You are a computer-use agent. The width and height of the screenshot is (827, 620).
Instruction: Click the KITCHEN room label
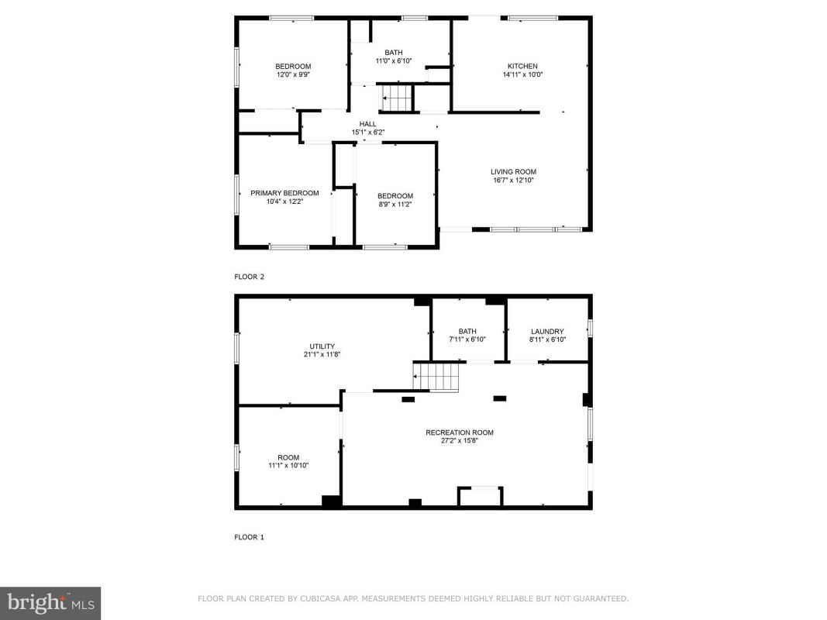click(522, 67)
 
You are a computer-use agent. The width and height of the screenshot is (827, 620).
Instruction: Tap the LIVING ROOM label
click(513, 172)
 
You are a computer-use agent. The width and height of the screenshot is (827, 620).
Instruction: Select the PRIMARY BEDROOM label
click(284, 193)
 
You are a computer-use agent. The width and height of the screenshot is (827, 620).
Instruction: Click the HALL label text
click(367, 125)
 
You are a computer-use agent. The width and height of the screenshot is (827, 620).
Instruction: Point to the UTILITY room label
click(322, 346)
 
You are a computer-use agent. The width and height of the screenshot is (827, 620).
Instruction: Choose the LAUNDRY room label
click(547, 332)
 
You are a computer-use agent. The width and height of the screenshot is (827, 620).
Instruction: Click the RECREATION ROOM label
click(460, 433)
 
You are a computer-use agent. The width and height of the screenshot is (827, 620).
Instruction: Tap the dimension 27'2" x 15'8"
click(460, 441)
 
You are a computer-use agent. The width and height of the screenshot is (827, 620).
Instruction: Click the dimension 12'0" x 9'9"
click(293, 75)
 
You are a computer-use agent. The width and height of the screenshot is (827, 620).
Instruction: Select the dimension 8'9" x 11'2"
click(395, 205)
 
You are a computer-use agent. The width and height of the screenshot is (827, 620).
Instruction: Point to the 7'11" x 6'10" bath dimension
click(467, 339)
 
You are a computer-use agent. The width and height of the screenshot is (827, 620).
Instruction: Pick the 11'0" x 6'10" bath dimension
click(394, 61)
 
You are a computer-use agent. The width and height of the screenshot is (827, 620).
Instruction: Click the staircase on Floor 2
click(396, 98)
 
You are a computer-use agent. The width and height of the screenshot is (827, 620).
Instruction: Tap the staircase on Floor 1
click(436, 377)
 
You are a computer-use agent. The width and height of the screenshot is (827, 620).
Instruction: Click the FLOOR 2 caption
click(249, 277)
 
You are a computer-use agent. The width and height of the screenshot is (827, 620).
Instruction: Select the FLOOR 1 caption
click(249, 537)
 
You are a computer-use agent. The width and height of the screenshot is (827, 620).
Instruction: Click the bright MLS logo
click(50, 603)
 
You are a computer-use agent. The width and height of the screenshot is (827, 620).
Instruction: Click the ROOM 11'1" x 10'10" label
click(288, 461)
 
